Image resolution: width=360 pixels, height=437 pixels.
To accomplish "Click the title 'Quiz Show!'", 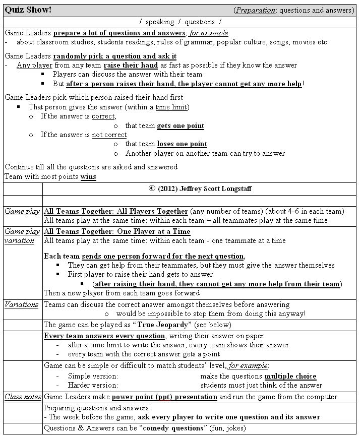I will [x=28, y=10].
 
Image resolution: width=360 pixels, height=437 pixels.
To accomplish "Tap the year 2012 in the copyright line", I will [x=167, y=189].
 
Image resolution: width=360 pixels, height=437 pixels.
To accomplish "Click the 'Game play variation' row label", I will [x=22, y=236].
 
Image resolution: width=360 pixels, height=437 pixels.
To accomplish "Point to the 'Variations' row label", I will [x=22, y=304].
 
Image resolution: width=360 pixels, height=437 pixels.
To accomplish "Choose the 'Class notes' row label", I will [x=23, y=397].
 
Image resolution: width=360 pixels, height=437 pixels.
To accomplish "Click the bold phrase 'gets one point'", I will [x=181, y=126].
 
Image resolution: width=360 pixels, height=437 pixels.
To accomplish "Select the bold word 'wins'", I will [x=88, y=176].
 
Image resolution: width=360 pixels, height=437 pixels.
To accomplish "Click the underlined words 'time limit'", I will [x=172, y=107].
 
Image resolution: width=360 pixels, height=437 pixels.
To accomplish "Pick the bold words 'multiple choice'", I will [x=290, y=376].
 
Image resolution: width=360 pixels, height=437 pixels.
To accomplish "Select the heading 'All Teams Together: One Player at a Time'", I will [x=117, y=231].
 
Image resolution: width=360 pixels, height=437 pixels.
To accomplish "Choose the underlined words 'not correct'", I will [x=109, y=135].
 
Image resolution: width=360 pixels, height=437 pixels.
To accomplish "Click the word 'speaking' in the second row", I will [x=160, y=22].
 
